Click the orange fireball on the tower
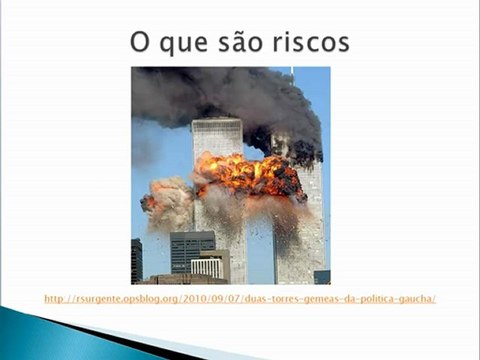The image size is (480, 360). (x=250, y=176)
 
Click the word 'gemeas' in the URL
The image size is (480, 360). (x=322, y=299)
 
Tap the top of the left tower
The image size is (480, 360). (x=217, y=123)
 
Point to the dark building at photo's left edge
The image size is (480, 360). (x=136, y=261)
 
